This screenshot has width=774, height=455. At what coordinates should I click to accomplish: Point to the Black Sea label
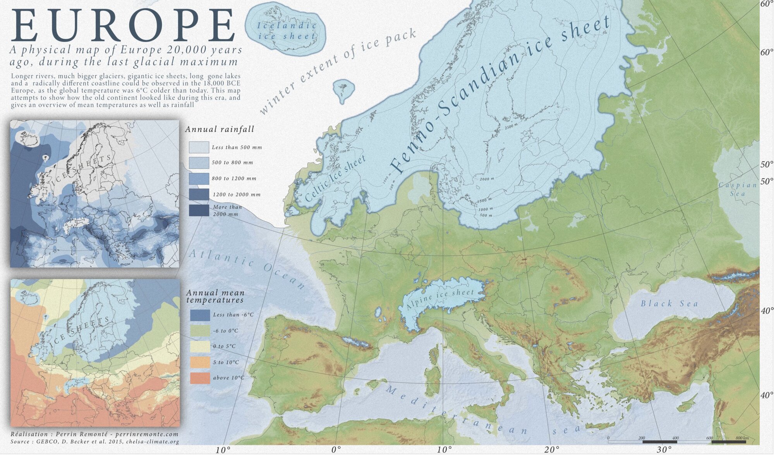pos(669,303)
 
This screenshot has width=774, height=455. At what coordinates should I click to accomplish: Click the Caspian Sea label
pos(738,189)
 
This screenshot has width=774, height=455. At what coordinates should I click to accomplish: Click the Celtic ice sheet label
pos(335,179)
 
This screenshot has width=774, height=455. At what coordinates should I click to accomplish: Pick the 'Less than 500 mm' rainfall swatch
pos(199,147)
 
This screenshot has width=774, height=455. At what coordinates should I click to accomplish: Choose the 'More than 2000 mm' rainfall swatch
pos(199,210)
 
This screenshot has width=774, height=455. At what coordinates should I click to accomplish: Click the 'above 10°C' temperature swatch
pos(200,378)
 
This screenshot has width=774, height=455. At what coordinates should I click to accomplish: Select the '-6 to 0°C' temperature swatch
pos(200,331)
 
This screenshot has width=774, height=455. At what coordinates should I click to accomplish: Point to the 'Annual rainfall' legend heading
pos(220,129)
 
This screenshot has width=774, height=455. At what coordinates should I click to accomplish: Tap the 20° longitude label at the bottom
pos(551,450)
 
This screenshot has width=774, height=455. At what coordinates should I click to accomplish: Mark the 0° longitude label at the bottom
pos(336,450)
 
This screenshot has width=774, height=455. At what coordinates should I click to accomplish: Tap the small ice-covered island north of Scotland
pos(343,90)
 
